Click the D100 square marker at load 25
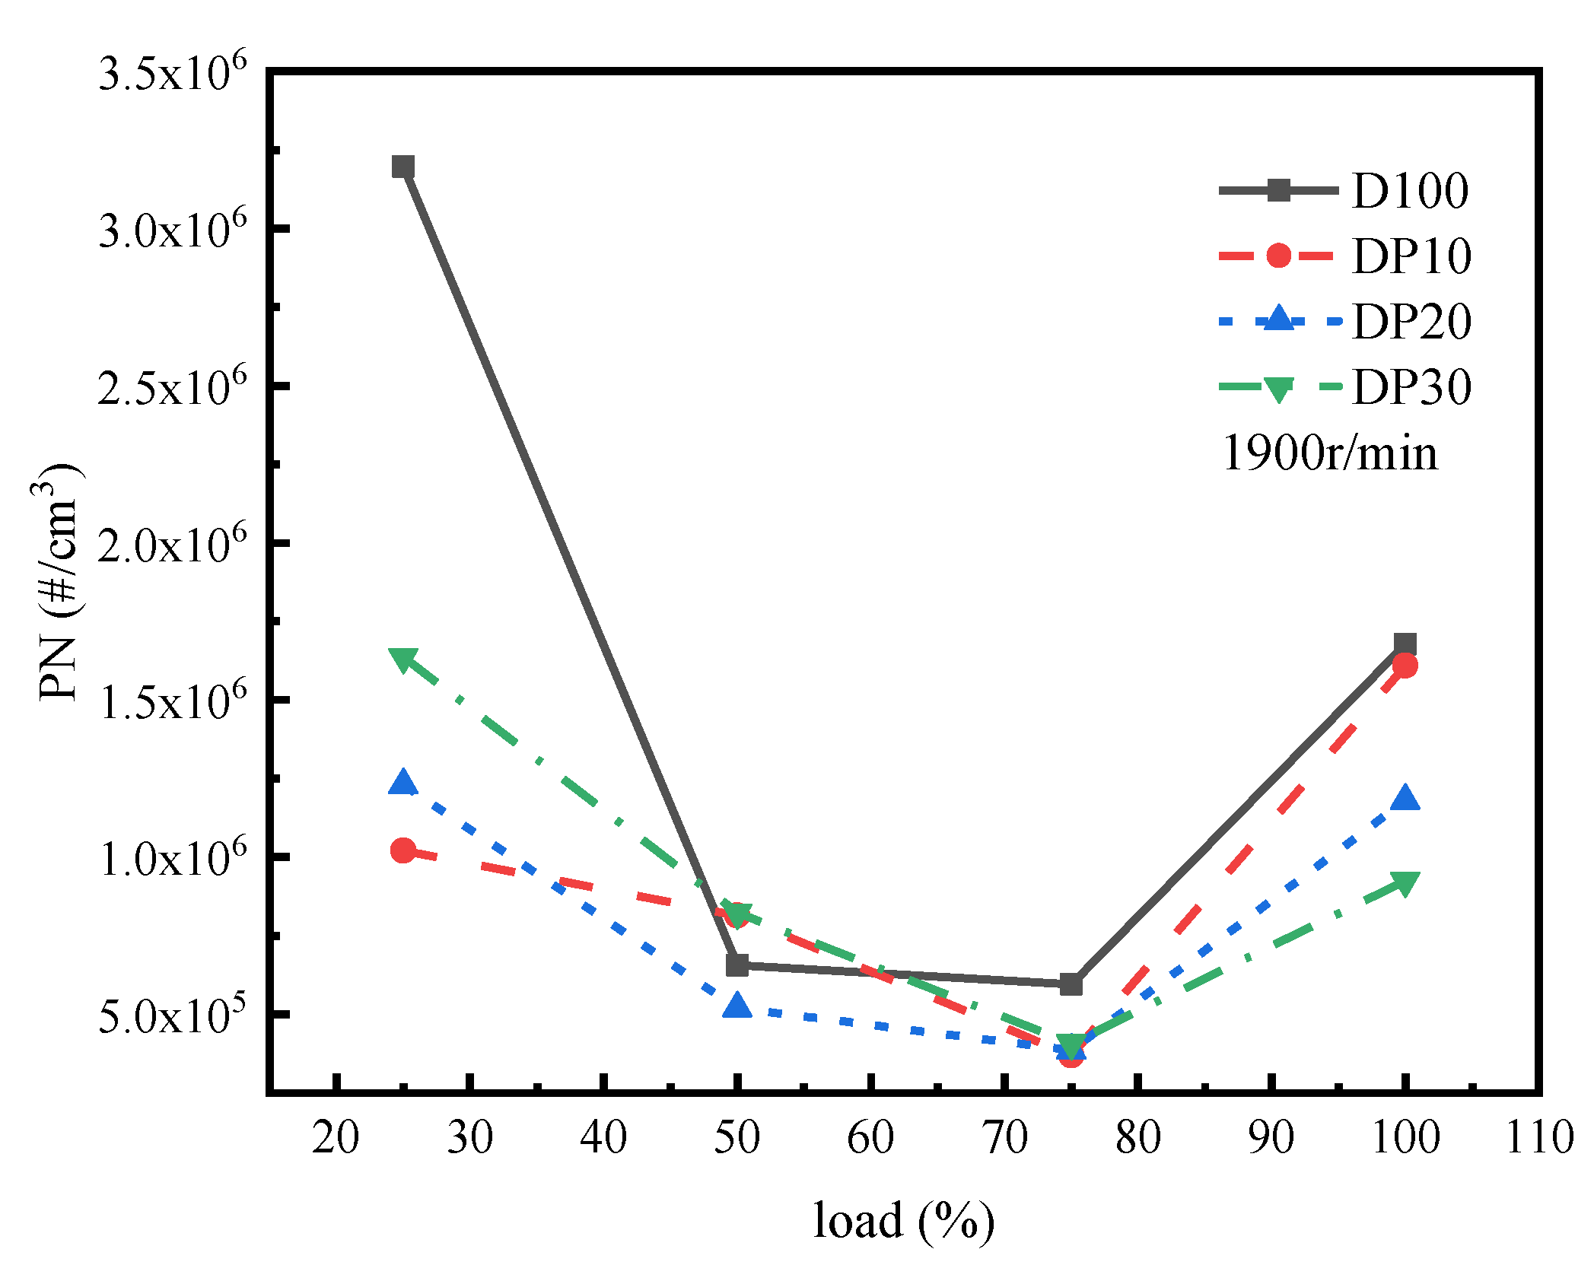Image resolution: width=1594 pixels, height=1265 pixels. coord(402,167)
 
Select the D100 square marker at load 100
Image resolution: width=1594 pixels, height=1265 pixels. coord(1405,644)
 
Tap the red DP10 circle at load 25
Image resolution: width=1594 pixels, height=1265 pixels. coord(402,850)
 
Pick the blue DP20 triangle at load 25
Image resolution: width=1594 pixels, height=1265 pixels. coord(402,783)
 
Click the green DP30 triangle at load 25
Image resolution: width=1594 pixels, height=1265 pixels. coord(402,659)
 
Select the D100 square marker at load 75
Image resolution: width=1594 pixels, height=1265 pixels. coord(1071,984)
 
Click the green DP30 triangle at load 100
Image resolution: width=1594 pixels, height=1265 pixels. coord(1405,883)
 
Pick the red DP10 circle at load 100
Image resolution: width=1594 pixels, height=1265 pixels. coord(1405,666)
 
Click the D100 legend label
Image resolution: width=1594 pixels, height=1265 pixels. coord(1410,191)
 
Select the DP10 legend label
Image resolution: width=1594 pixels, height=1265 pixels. coord(1411,256)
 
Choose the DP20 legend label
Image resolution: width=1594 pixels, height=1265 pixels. coord(1411,322)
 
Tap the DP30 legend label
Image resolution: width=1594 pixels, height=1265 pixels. coord(1411,388)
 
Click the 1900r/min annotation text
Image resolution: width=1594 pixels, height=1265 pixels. coord(1330,453)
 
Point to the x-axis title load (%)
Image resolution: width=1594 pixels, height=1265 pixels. coord(903,1221)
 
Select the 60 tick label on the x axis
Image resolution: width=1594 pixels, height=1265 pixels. coord(870,1138)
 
